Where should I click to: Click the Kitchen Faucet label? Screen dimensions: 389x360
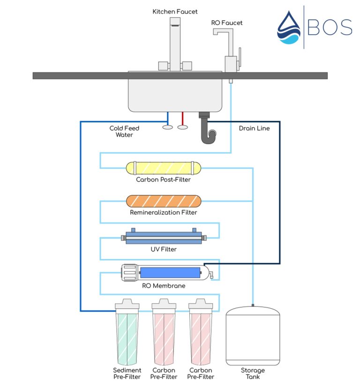pyautogui.click(x=175, y=11)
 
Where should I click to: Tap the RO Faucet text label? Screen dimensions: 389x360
pyautogui.click(x=227, y=23)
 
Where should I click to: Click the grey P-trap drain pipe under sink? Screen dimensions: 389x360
pyautogui.click(x=208, y=130)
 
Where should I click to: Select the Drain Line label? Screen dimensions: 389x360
pyautogui.click(x=254, y=128)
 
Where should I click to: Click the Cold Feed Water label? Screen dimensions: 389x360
pyautogui.click(x=124, y=131)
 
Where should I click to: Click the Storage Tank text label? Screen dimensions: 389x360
pyautogui.click(x=253, y=374)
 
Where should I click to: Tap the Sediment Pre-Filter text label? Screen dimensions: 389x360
pyautogui.click(x=127, y=374)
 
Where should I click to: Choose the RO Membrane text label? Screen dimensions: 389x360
pyautogui.click(x=164, y=286)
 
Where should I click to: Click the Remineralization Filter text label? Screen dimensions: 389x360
pyautogui.click(x=164, y=213)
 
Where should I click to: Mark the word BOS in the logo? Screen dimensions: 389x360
pyautogui.click(x=330, y=28)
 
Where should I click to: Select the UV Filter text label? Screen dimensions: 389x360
pyautogui.click(x=164, y=249)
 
